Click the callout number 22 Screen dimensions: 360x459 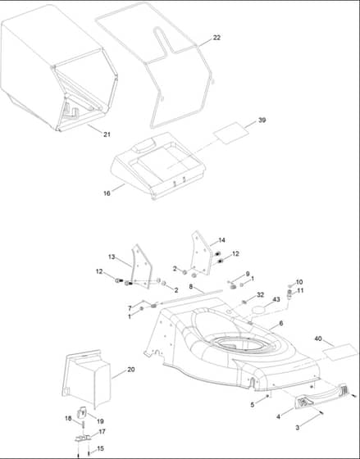click(x=216, y=38)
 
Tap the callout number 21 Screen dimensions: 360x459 click(x=107, y=134)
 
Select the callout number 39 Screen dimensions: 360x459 click(x=262, y=120)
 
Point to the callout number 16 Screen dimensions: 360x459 click(x=107, y=193)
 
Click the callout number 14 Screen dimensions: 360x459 click(x=221, y=240)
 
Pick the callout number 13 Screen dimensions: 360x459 click(x=112, y=257)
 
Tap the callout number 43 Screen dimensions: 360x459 click(x=276, y=299)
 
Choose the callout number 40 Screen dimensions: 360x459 click(x=318, y=339)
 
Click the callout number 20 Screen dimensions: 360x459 click(x=131, y=370)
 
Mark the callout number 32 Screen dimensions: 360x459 click(x=261, y=295)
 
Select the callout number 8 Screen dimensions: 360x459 click(x=191, y=287)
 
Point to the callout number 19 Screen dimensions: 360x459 click(x=100, y=421)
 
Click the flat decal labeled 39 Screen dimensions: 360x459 click(x=230, y=133)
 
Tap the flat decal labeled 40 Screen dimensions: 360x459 click(x=340, y=352)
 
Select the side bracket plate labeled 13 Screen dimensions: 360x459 click(x=142, y=266)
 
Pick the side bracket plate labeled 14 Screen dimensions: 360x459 click(x=201, y=253)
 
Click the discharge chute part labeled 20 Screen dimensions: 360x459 click(x=87, y=379)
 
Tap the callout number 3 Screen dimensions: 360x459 click(x=298, y=428)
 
